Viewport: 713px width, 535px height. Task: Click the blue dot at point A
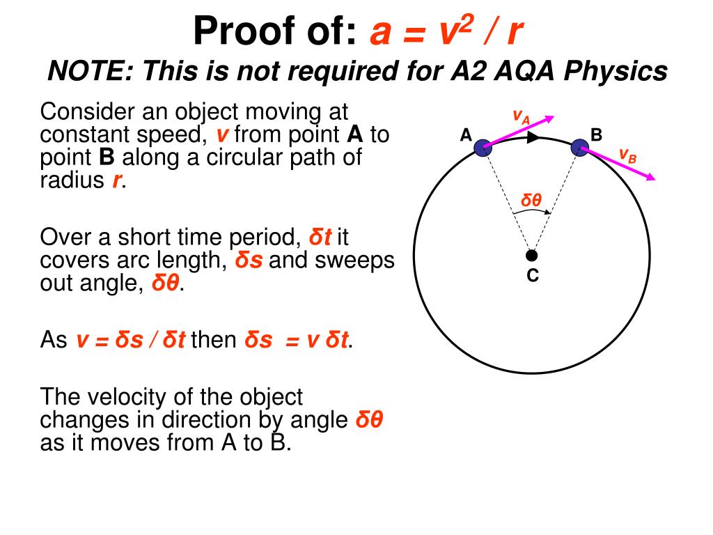[483, 147]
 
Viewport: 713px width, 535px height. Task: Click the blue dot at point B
[579, 147]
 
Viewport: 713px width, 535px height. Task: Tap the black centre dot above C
[531, 255]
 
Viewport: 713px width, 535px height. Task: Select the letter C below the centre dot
[532, 276]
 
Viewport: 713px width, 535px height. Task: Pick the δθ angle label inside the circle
[531, 201]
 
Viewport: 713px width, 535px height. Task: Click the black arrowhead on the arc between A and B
[533, 137]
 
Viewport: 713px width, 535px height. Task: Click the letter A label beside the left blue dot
[466, 135]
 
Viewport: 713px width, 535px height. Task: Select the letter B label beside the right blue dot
[596, 134]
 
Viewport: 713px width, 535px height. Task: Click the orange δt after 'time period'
[320, 238]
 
